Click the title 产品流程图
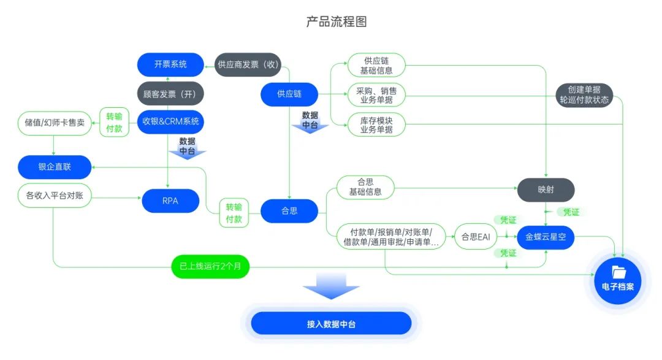[337, 22]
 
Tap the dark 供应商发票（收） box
[248, 64]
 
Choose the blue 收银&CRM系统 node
[170, 121]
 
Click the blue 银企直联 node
[55, 166]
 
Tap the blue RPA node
[170, 201]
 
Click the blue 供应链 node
[289, 94]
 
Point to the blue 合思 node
[289, 211]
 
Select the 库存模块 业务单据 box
[376, 125]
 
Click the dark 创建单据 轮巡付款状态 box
[585, 95]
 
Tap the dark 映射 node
[546, 190]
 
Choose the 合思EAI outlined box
[476, 237]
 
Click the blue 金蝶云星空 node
[546, 237]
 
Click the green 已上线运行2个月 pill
[210, 267]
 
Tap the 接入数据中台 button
[331, 323]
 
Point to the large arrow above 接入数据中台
[331, 286]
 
